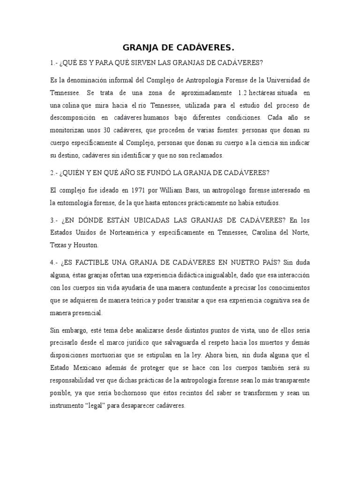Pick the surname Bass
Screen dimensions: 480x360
tap(185, 191)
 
